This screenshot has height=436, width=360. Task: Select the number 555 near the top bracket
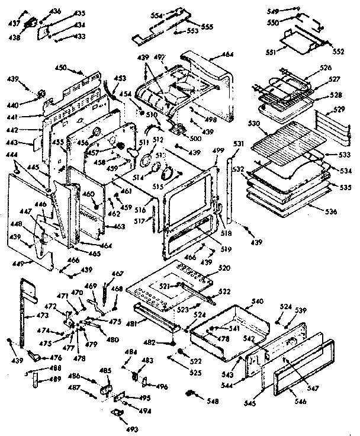click(207, 27)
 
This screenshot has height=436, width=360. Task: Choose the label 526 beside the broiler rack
click(324, 68)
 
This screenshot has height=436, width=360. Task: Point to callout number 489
click(56, 379)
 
